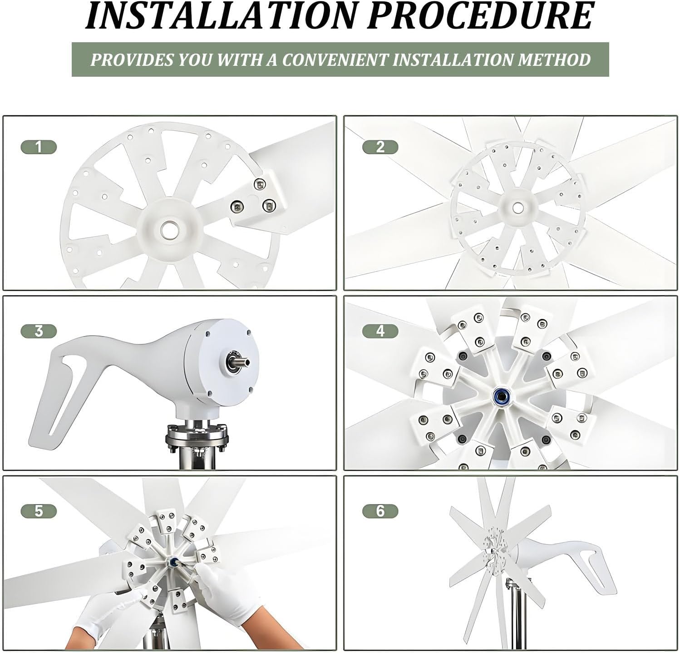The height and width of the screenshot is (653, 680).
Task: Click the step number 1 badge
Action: (x=39, y=147)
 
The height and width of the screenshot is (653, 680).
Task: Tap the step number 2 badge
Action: (x=380, y=147)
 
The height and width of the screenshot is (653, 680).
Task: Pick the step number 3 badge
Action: (x=39, y=331)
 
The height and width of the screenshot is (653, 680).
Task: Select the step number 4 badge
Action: (x=380, y=331)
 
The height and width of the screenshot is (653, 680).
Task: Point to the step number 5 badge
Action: (x=39, y=511)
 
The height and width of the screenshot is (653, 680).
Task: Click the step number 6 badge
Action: (x=380, y=511)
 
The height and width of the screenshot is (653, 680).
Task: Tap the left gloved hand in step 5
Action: (x=107, y=613)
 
